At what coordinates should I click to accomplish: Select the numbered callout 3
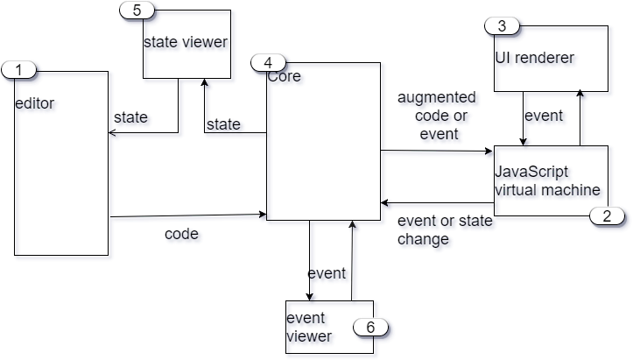[502, 25]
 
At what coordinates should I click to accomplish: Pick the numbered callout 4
[268, 62]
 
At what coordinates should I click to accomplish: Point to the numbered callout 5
[136, 10]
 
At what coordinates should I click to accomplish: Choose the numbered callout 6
[370, 327]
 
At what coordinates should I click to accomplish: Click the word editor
[37, 105]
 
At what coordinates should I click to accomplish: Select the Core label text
[285, 76]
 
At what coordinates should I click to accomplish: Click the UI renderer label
[537, 59]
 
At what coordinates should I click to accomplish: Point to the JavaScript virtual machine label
[548, 181]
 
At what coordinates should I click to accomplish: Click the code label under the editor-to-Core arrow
[183, 235]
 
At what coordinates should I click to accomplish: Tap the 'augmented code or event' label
[438, 116]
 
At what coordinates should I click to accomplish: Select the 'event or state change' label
[445, 230]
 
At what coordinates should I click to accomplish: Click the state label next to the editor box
[131, 118]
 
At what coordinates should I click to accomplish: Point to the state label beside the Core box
[223, 125]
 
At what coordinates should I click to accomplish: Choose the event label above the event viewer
[328, 274]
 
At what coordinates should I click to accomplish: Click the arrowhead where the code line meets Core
[263, 215]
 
